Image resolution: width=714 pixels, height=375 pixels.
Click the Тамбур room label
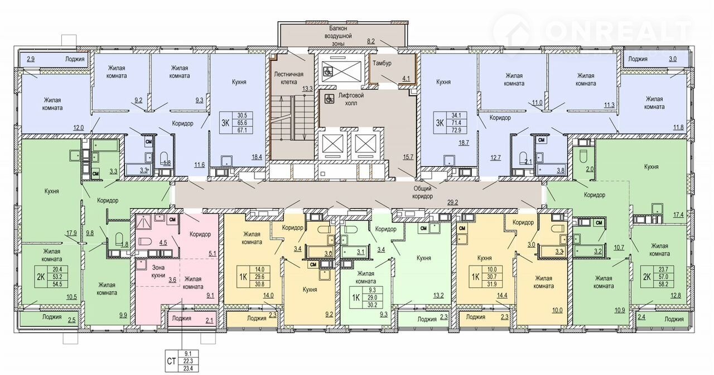(x=382, y=63)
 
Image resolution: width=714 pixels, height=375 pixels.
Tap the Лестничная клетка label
(x=289, y=78)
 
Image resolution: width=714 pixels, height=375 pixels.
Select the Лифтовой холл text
(x=351, y=99)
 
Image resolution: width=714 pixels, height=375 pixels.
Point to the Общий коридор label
(x=423, y=193)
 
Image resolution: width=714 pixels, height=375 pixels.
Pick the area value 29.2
(x=452, y=202)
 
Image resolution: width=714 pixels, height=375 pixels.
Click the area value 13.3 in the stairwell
(x=307, y=89)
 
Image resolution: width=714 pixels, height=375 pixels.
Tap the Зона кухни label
(x=158, y=272)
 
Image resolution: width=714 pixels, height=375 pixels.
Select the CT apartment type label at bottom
(x=171, y=361)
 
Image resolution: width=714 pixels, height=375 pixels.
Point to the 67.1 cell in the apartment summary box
(x=243, y=130)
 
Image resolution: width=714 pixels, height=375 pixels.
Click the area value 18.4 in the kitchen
(x=257, y=157)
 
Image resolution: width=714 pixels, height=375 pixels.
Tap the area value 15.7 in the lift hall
(x=408, y=157)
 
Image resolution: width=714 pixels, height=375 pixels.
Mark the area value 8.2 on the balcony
(x=371, y=41)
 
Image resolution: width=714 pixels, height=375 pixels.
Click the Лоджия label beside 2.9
(x=75, y=59)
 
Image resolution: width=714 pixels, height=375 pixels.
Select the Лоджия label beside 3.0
(x=638, y=59)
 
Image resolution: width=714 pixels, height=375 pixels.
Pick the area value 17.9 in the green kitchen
(x=71, y=233)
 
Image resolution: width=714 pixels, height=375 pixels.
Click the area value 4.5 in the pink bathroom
(x=163, y=243)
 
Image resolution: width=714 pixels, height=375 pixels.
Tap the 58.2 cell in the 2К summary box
(x=663, y=283)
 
